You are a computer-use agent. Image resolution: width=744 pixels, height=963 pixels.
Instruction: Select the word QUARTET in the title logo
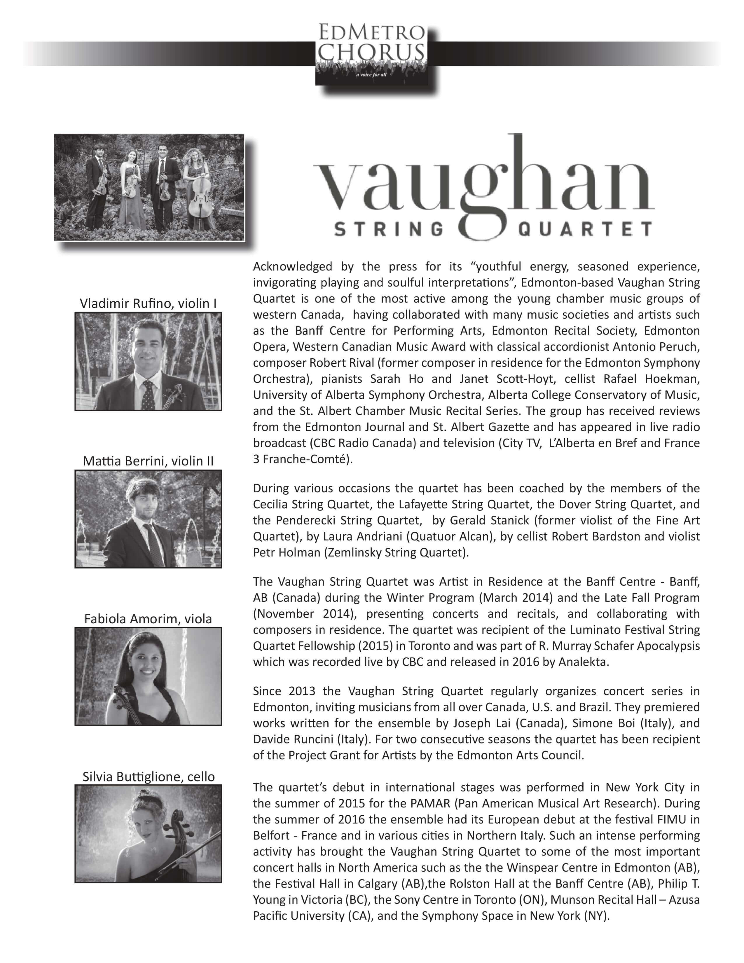(x=585, y=229)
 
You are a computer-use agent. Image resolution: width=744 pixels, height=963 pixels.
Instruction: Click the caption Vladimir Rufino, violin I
(x=148, y=303)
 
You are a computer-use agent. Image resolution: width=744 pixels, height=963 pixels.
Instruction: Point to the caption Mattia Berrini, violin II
(x=148, y=461)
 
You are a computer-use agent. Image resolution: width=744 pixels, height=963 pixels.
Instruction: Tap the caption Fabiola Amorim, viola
(x=148, y=619)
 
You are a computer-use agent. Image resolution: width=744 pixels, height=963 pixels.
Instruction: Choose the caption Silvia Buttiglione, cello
(x=148, y=777)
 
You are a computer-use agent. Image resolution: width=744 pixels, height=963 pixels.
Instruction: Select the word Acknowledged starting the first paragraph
(x=292, y=266)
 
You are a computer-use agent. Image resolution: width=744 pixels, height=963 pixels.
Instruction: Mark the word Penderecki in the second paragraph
(x=305, y=520)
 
